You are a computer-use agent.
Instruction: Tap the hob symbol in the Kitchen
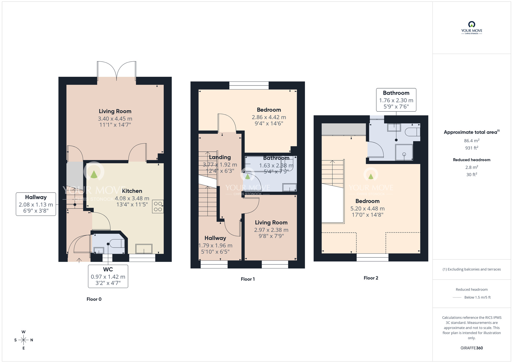[158, 207]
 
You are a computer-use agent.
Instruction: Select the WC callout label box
[108, 276]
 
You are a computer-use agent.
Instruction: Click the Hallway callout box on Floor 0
[36, 204]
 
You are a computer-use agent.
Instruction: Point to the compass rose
[24, 340]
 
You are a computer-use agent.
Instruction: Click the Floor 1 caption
[248, 279]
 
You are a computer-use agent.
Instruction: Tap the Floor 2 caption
[371, 278]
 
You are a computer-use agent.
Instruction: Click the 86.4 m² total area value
[471, 141]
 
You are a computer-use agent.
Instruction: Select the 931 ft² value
[471, 148]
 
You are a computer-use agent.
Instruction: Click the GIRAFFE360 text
[471, 348]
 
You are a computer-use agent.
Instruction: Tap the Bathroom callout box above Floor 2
[396, 100]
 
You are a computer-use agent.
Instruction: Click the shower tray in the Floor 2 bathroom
[404, 152]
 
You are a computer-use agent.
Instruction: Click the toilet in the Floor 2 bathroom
[412, 132]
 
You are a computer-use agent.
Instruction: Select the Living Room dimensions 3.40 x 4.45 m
[115, 119]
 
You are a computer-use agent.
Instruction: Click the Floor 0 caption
[94, 299]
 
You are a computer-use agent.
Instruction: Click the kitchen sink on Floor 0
[144, 249]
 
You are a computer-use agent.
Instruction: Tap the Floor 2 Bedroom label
[367, 201]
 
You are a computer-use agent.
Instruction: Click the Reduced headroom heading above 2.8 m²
[471, 160]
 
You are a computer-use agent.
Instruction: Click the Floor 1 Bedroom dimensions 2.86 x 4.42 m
[269, 117]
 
